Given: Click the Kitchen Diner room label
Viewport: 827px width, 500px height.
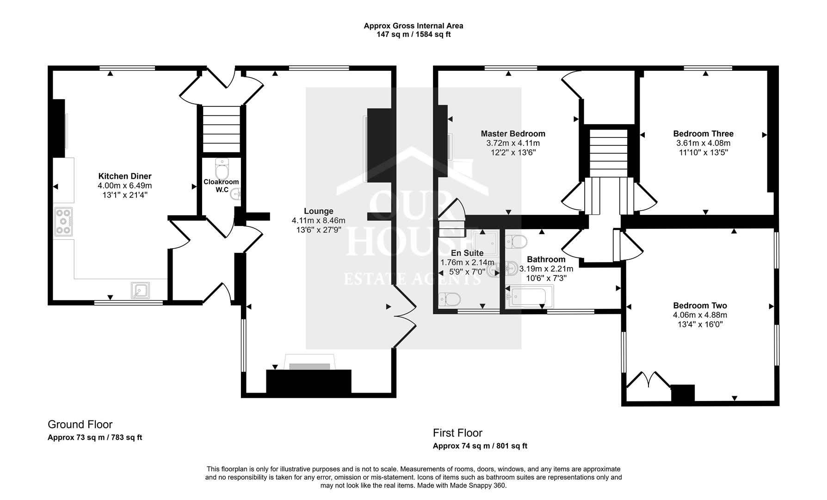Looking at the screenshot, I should pos(124,176).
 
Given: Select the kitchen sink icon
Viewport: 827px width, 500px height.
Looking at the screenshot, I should pos(140,290).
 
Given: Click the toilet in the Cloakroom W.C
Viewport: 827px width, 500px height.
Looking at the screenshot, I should pos(222,169).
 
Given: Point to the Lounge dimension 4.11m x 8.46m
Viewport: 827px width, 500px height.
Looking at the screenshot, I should pos(318,220).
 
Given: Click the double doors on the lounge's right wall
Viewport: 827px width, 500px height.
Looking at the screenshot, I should pos(404,317).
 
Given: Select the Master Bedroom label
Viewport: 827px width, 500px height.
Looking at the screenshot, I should pos(512,134).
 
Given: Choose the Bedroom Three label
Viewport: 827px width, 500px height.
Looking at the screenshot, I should pos(703,134).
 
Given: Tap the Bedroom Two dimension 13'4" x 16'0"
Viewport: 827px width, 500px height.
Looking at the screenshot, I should pos(700,324).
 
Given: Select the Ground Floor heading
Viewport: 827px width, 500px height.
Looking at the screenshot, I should pos(80,424).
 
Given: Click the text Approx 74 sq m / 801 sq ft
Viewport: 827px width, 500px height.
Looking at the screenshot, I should pos(480,446).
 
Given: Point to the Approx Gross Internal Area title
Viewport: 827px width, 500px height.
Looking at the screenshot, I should pos(413,26).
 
